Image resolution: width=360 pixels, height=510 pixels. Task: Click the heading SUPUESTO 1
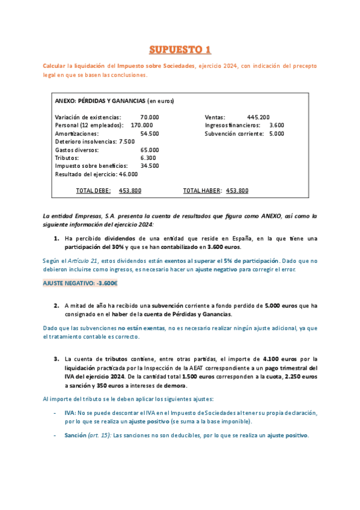pyautogui.click(x=180, y=49)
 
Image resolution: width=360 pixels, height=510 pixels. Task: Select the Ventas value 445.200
pyautogui.click(x=258, y=117)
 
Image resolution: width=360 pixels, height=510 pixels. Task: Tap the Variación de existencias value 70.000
pyautogui.click(x=150, y=117)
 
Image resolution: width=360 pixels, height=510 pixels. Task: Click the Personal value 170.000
pyautogui.click(x=142, y=125)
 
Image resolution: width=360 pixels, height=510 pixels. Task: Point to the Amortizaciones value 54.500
pyautogui.click(x=150, y=134)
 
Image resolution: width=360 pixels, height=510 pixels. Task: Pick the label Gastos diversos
pyautogui.click(x=77, y=150)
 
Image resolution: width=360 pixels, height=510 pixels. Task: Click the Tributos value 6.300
pyautogui.click(x=148, y=158)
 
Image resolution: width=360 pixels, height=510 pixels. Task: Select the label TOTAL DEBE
pyautogui.click(x=93, y=191)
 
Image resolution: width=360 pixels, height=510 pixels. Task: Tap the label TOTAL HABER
pyautogui.click(x=203, y=191)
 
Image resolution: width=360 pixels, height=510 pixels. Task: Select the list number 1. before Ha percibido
pyautogui.click(x=56, y=239)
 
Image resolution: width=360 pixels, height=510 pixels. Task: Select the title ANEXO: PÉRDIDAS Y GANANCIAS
pyautogui.click(x=100, y=101)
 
